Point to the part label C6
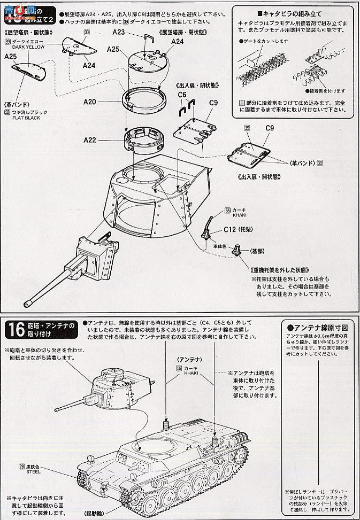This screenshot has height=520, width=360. [x=182, y=95]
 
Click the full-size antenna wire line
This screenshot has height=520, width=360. [x=319, y=417]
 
